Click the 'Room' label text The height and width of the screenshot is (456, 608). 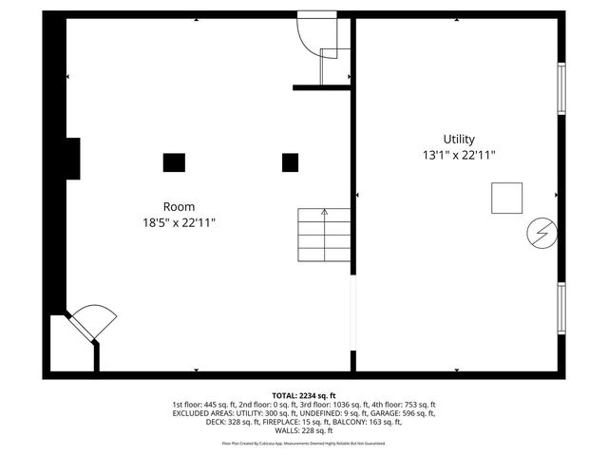tap(179, 206)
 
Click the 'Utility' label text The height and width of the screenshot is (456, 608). tap(459, 139)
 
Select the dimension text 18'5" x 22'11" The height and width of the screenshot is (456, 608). tap(179, 222)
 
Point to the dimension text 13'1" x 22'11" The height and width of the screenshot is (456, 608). tap(459, 155)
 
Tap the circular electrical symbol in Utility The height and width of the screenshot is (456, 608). tap(541, 233)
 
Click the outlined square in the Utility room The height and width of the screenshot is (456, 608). tap(506, 198)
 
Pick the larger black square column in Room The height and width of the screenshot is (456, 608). tap(174, 162)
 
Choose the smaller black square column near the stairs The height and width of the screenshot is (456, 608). tap(290, 162)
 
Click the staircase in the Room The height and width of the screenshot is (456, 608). tap(324, 236)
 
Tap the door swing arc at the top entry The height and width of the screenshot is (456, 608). tap(310, 33)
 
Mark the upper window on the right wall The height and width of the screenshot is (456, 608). tap(561, 89)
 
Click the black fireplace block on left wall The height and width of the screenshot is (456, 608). tap(72, 159)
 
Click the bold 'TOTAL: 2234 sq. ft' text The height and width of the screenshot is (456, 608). tap(304, 395)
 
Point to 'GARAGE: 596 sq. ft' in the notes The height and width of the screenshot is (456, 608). tap(399, 413)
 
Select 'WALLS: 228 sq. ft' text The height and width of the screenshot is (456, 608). tap(304, 430)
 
